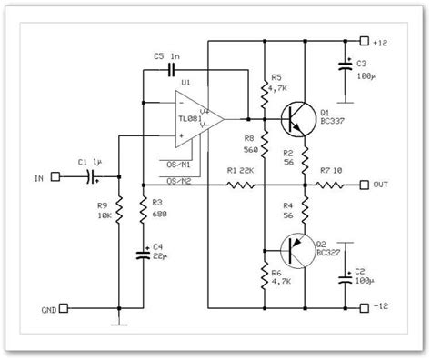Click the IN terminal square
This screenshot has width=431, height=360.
(x=55, y=176)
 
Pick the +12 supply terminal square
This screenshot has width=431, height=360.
(x=365, y=41)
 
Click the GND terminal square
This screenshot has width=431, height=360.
(x=55, y=309)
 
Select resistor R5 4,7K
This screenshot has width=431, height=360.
(x=265, y=88)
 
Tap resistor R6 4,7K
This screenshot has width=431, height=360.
(x=265, y=275)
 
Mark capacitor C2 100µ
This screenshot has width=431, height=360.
(x=346, y=279)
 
